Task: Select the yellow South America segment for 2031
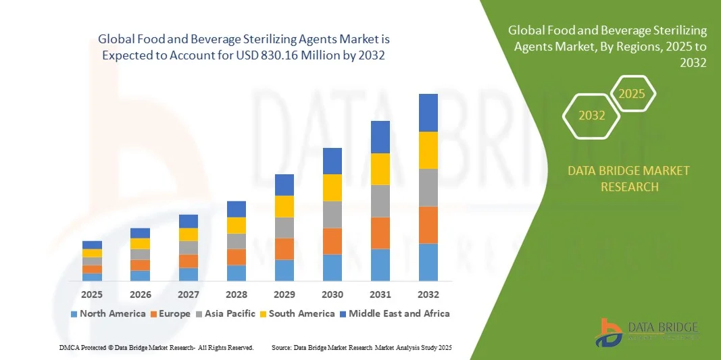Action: (380, 169)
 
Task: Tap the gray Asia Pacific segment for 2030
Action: (332, 214)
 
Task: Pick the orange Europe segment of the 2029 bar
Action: (284, 249)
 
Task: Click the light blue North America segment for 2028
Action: (236, 273)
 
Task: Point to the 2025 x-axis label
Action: (92, 294)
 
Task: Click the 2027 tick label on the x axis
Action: (189, 294)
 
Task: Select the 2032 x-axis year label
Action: (428, 294)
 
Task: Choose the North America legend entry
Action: (107, 313)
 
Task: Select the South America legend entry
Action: (297, 313)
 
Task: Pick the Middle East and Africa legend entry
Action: (395, 313)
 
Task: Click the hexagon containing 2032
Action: (591, 115)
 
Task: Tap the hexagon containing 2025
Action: (632, 94)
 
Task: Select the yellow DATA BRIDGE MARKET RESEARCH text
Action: (629, 178)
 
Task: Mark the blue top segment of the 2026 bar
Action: (140, 233)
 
